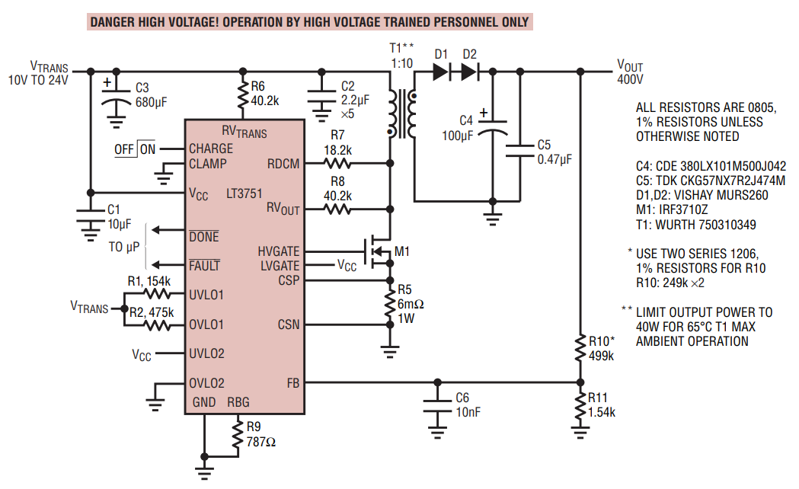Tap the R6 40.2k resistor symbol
click(x=242, y=96)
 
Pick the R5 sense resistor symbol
click(x=390, y=305)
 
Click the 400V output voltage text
click(x=630, y=79)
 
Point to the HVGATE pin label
click(x=279, y=251)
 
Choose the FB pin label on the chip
click(x=293, y=382)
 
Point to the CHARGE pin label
click(x=211, y=149)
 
